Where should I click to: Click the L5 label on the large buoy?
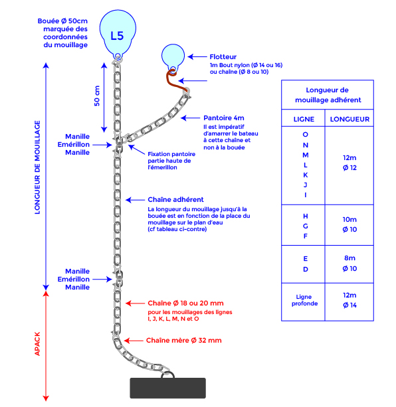click(117, 35)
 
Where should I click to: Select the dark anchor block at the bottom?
click(169, 388)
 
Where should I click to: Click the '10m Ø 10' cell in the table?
click(350, 224)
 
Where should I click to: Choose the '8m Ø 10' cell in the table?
click(350, 263)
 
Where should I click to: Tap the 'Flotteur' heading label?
click(223, 57)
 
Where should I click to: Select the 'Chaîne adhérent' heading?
click(175, 199)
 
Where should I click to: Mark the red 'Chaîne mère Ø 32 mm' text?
click(183, 340)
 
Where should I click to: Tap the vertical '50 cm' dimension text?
click(97, 97)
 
